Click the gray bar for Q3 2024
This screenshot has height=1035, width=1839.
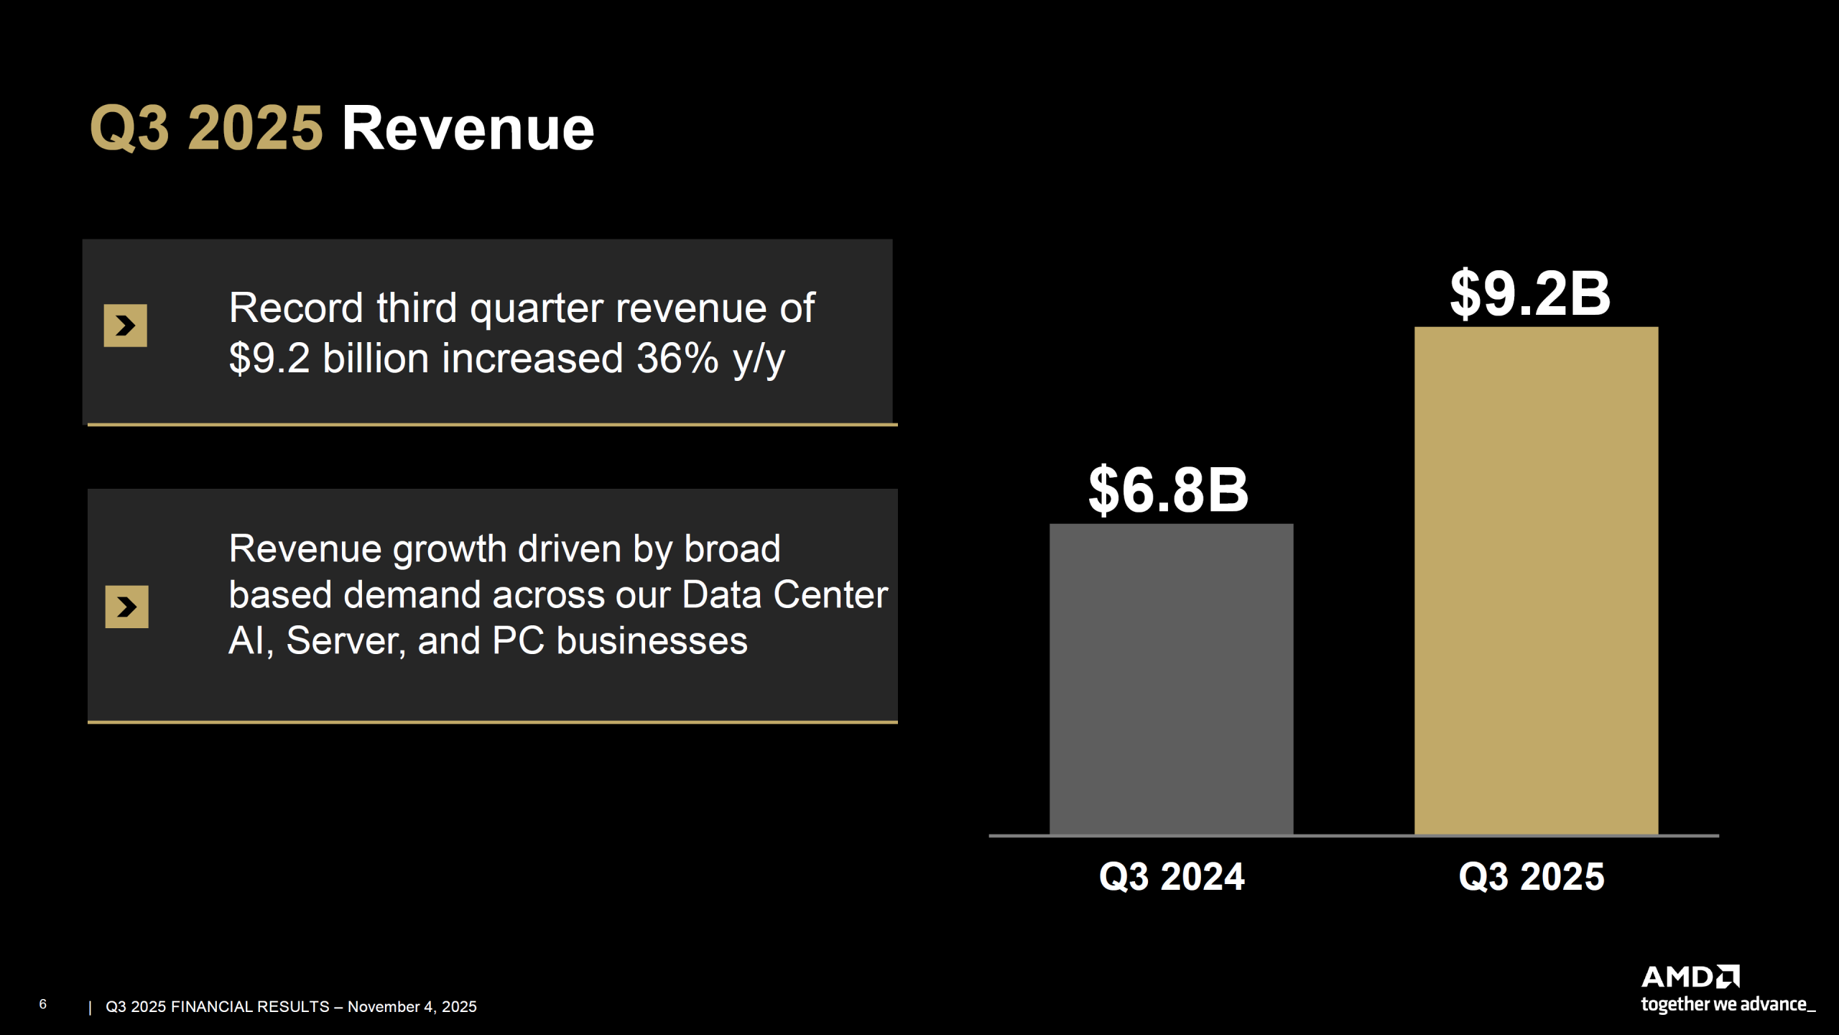(x=1171, y=679)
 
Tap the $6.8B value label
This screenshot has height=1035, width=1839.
(x=1168, y=490)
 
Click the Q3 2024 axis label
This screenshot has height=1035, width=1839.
(x=1172, y=877)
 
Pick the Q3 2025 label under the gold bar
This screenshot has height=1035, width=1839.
(x=1532, y=877)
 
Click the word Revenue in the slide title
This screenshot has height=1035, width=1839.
(x=468, y=129)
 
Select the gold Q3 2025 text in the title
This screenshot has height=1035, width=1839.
(x=206, y=129)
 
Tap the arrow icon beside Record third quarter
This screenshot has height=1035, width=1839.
(x=126, y=326)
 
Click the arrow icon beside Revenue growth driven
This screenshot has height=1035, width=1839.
(x=127, y=607)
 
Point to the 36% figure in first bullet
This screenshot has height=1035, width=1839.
(x=677, y=358)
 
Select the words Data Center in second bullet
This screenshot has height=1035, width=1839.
(x=784, y=595)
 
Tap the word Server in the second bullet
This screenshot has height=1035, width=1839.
(x=346, y=641)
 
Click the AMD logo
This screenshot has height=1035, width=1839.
(x=1690, y=977)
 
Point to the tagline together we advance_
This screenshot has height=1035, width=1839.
(x=1727, y=1005)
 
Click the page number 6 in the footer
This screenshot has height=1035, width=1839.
(x=43, y=1004)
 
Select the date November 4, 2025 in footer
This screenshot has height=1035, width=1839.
(x=412, y=1007)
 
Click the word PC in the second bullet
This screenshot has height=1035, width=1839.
(x=518, y=641)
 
